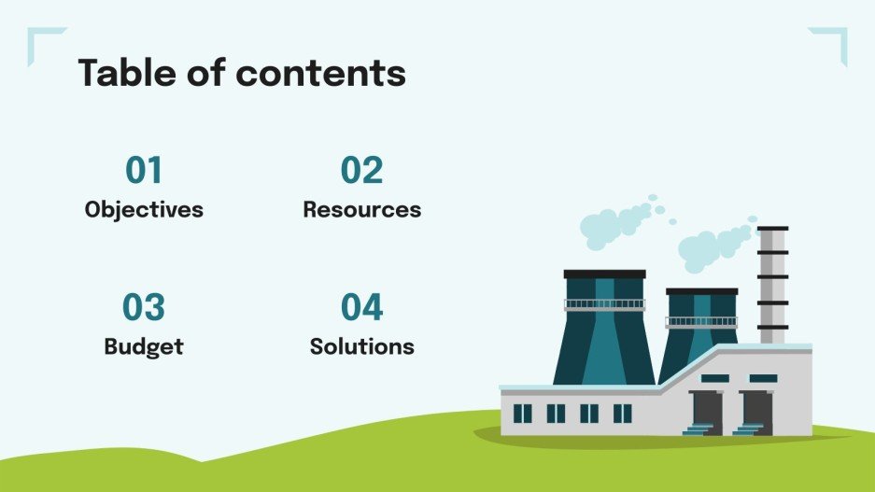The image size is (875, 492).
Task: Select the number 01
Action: point(144,171)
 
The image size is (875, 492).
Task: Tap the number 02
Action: point(361,171)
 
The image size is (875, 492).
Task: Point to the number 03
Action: point(144,308)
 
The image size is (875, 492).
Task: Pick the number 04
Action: point(361,308)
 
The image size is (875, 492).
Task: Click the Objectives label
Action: point(144,209)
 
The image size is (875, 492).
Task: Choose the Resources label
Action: point(361,209)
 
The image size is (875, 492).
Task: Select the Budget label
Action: point(144,346)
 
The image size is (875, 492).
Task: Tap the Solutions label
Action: point(361,346)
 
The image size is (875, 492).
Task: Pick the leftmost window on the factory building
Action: point(523,413)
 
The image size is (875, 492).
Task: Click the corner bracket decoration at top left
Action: point(42,42)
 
